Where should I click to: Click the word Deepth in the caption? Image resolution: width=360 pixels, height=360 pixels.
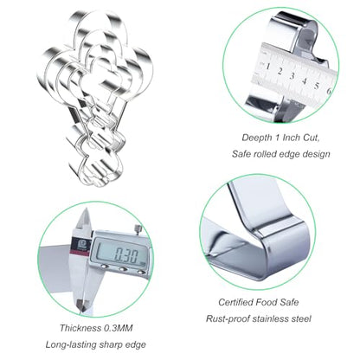point(256,138)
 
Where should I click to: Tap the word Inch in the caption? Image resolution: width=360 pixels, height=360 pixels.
point(292,138)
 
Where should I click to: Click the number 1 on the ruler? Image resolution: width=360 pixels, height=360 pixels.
point(268,67)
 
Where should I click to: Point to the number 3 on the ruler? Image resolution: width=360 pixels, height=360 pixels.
point(292,76)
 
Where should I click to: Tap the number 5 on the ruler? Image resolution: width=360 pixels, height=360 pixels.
point(317,86)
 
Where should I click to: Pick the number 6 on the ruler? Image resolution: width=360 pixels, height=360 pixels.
point(329,91)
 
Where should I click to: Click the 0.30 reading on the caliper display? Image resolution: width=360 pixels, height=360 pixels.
point(126,254)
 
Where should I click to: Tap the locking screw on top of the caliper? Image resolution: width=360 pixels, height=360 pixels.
point(139,229)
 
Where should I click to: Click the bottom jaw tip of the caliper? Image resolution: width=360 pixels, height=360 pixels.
point(80,307)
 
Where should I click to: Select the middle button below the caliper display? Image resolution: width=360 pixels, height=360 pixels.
point(123,269)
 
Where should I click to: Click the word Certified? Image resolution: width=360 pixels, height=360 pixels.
point(235,302)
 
